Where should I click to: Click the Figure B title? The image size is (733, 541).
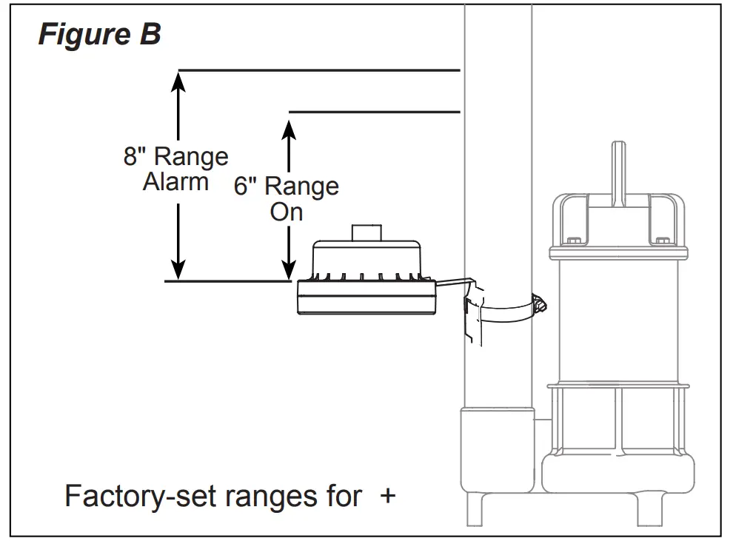pyautogui.click(x=99, y=35)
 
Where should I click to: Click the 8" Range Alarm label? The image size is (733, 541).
pyautogui.click(x=175, y=169)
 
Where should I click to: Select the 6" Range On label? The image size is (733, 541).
pyautogui.click(x=287, y=198)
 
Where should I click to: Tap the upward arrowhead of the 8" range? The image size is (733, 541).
pyautogui.click(x=178, y=78)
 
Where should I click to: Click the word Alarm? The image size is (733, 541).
pyautogui.click(x=175, y=182)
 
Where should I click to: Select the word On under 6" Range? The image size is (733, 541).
pyautogui.click(x=287, y=212)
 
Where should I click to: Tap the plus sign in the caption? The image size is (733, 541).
pyautogui.click(x=387, y=496)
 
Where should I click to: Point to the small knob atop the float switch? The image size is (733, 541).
pyautogui.click(x=368, y=232)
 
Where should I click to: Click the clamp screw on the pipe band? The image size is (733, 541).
pyautogui.click(x=540, y=302)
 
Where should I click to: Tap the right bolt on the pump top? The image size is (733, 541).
pyautogui.click(x=661, y=241)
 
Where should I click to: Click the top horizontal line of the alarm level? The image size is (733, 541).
pyautogui.click(x=318, y=70)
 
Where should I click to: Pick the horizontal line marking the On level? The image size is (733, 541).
pyautogui.click(x=374, y=112)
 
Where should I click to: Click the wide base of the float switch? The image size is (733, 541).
pyautogui.click(x=366, y=298)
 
